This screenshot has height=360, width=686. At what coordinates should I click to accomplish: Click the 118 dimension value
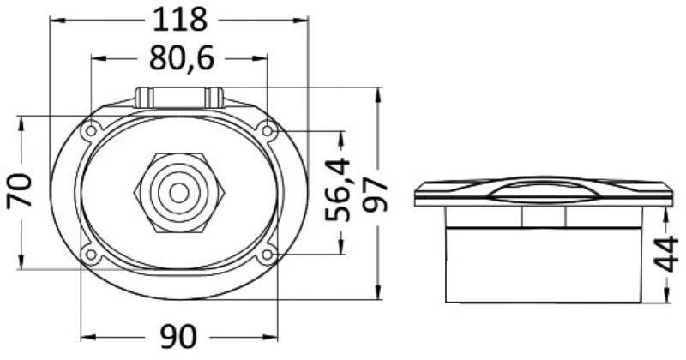click(179, 19)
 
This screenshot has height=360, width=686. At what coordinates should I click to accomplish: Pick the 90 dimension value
click(178, 336)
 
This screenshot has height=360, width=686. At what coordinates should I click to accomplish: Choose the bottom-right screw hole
click(268, 254)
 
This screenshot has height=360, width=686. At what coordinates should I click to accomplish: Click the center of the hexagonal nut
click(178, 191)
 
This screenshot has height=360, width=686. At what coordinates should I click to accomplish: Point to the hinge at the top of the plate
click(179, 96)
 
